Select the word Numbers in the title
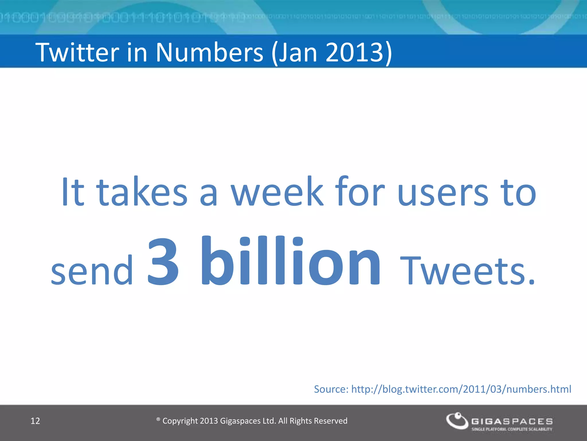click(x=209, y=52)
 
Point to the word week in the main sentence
click(x=277, y=192)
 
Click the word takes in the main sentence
click(x=142, y=192)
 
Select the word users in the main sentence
click(x=443, y=192)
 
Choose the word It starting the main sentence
click(x=73, y=192)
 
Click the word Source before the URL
click(x=331, y=389)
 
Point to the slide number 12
click(x=35, y=421)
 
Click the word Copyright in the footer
click(x=180, y=421)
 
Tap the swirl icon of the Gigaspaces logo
click(x=457, y=421)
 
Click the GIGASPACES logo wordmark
click(x=512, y=421)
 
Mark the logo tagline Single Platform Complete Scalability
click(x=512, y=429)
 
